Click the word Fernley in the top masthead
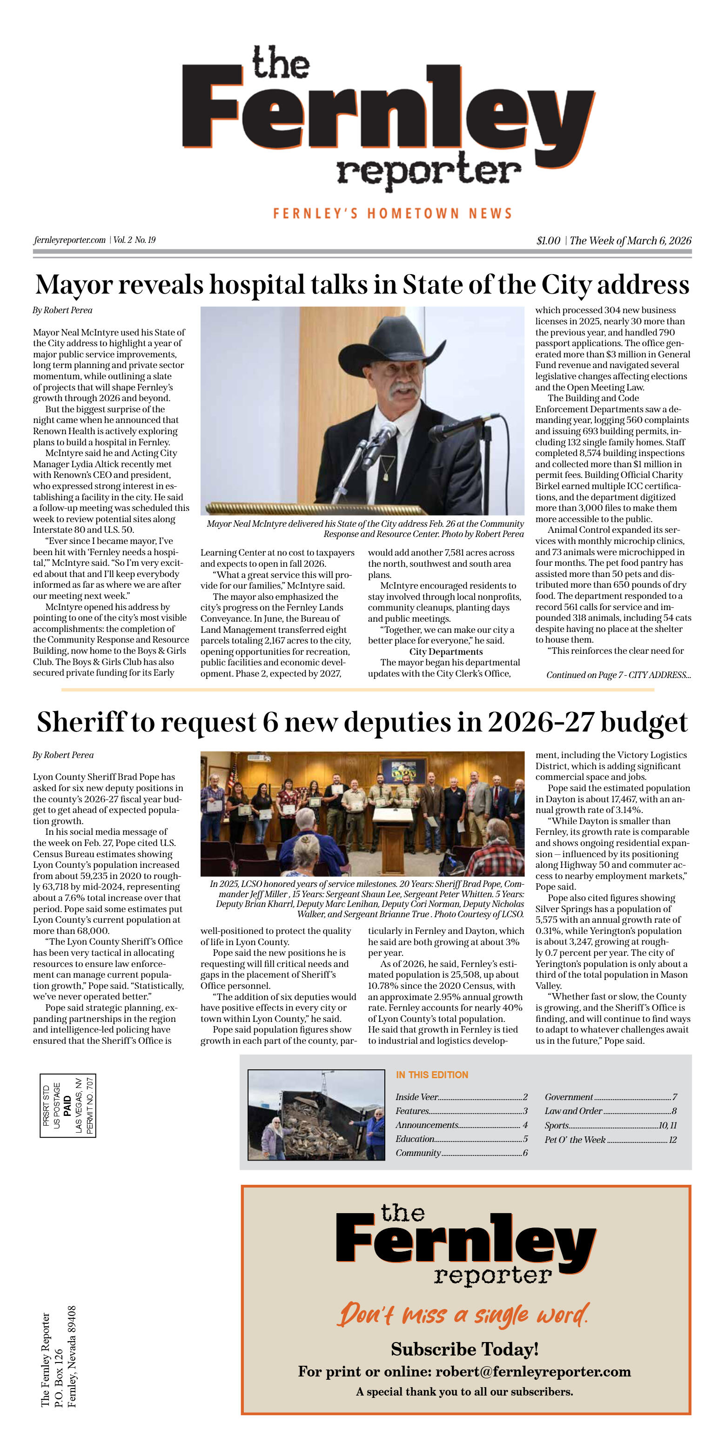coord(389,115)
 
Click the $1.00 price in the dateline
coord(548,241)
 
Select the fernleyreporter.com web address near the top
coord(70,241)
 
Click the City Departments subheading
coord(445,652)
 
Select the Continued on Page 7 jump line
coord(618,675)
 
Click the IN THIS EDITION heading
coord(432,1074)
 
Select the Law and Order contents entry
coord(573,1111)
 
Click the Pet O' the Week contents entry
coord(575,1139)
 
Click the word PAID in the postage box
coord(67,1106)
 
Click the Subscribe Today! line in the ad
coord(465,1349)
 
